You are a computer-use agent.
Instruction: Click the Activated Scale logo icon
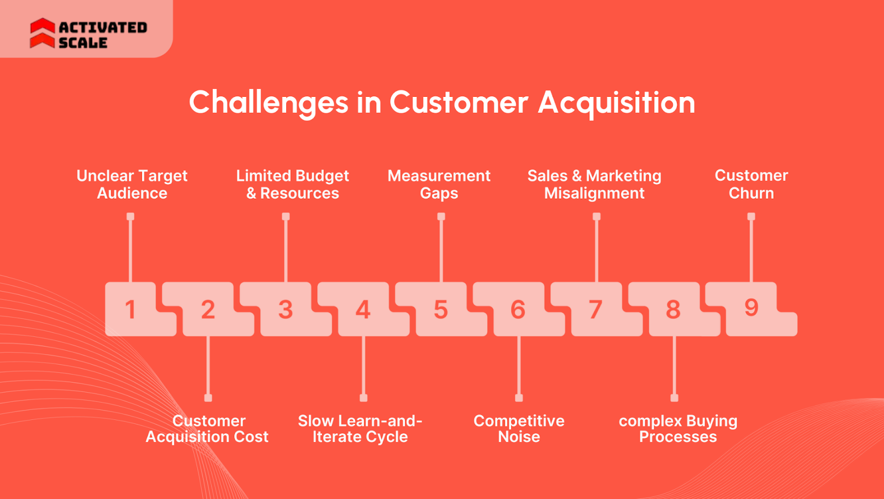[x=43, y=33]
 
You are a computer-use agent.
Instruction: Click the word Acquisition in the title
[x=616, y=102]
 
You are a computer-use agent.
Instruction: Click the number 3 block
[x=285, y=309]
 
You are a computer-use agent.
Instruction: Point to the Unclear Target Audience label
[x=132, y=184]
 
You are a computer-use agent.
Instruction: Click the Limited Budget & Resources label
[x=292, y=184]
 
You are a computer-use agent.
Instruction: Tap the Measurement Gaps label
[x=439, y=184]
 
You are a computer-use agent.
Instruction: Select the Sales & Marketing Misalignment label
[x=594, y=184]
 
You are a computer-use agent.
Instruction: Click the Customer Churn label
[x=751, y=184]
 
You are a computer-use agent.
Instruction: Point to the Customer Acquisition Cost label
[x=207, y=429]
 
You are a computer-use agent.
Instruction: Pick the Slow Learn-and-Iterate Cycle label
[x=360, y=429]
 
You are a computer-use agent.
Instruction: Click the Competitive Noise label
[x=519, y=429]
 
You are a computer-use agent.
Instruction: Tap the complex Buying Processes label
[x=678, y=429]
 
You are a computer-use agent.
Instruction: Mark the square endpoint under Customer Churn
[x=751, y=217]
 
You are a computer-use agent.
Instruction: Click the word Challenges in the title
[x=269, y=102]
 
